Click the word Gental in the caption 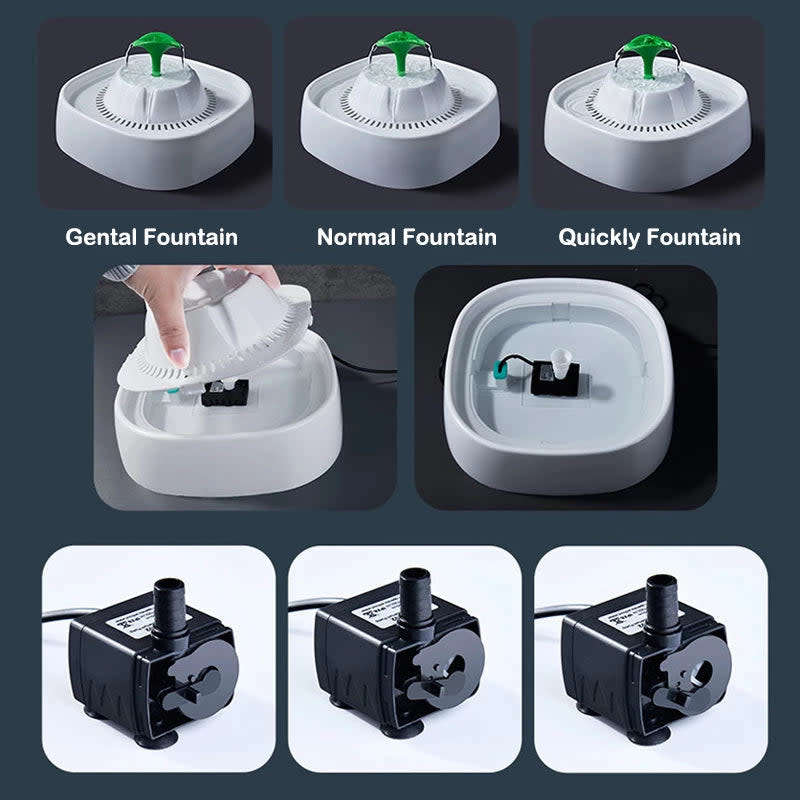[x=101, y=238]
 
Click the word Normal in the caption [x=355, y=238]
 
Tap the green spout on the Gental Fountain [x=155, y=50]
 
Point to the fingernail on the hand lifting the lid [x=178, y=353]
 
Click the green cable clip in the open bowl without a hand [x=499, y=375]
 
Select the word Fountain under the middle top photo [x=450, y=238]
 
